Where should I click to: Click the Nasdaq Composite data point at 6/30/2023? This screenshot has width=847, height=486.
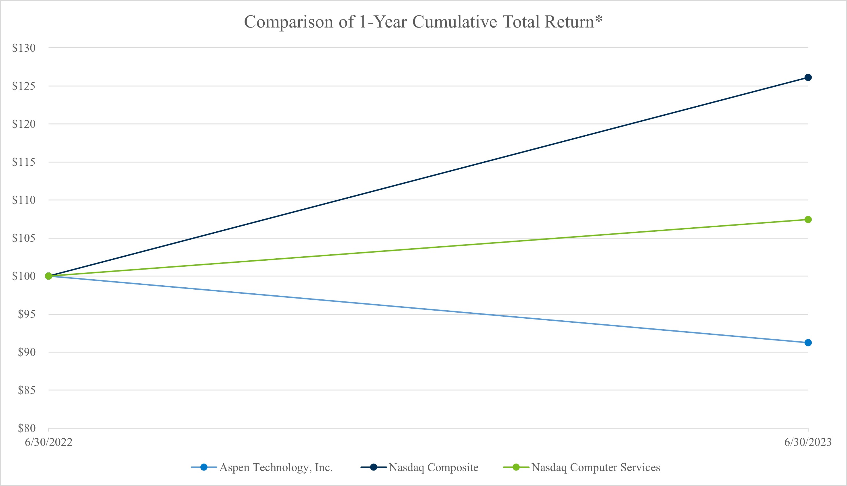click(808, 78)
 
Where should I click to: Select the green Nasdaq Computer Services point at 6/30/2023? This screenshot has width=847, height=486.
click(808, 219)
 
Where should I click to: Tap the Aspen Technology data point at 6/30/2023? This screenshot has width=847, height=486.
click(808, 342)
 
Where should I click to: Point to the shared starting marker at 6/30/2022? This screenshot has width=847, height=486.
click(49, 276)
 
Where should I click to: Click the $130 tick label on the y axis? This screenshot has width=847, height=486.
click(24, 48)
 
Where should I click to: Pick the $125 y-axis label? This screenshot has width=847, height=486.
click(24, 86)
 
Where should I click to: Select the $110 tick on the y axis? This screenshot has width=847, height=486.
click(24, 200)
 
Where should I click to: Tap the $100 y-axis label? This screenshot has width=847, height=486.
click(24, 276)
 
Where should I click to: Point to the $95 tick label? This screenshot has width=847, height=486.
click(27, 314)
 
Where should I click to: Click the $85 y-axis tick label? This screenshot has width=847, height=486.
click(27, 390)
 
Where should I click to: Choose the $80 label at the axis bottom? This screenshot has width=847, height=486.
click(27, 428)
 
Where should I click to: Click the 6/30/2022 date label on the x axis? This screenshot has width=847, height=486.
click(49, 442)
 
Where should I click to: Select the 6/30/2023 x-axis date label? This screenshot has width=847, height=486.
click(808, 442)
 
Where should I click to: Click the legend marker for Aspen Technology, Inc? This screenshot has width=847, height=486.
click(204, 467)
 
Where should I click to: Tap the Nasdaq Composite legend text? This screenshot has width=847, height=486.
click(433, 467)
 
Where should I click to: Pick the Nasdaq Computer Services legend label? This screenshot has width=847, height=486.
click(596, 467)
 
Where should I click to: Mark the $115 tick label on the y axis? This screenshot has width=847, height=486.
click(24, 162)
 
